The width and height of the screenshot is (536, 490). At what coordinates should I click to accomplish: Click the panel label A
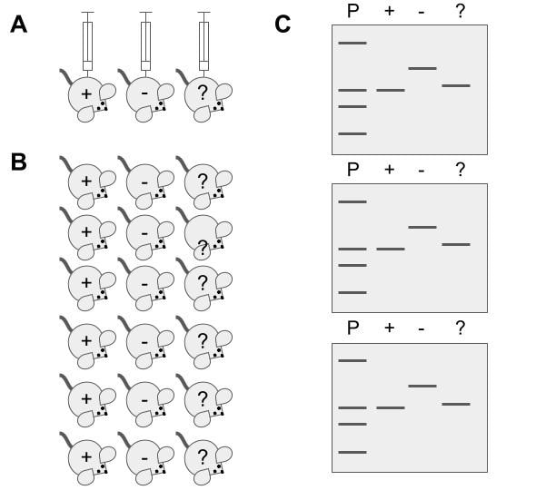18,24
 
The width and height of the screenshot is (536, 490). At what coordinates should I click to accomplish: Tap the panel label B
18,162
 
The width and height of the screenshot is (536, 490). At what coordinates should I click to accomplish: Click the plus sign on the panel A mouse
86,93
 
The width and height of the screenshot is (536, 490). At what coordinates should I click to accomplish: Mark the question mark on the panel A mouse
202,93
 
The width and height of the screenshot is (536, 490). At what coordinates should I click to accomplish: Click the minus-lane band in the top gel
422,68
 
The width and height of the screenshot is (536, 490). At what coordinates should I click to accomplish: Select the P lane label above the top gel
352,10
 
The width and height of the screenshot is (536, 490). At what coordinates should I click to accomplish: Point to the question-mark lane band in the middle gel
456,244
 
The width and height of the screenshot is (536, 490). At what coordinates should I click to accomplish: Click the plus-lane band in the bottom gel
391,408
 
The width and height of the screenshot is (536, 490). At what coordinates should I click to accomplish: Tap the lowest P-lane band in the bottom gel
352,452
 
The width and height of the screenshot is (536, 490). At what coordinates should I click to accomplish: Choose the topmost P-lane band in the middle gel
352,201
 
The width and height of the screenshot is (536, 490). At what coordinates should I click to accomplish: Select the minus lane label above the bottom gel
422,328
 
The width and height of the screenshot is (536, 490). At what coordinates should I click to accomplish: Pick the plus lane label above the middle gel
390,170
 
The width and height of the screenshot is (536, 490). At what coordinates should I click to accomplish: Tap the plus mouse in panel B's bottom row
89,458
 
